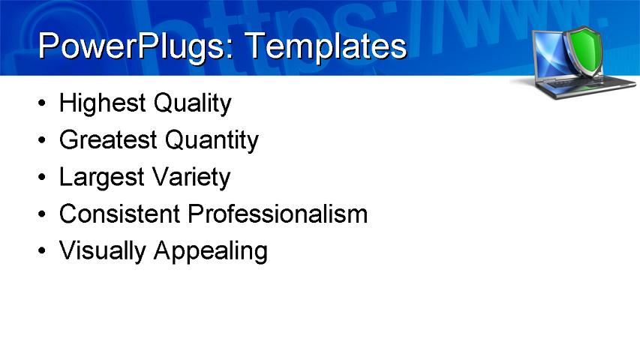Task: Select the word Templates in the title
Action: (326, 46)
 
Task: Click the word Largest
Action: (102, 178)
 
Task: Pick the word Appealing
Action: (210, 251)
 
